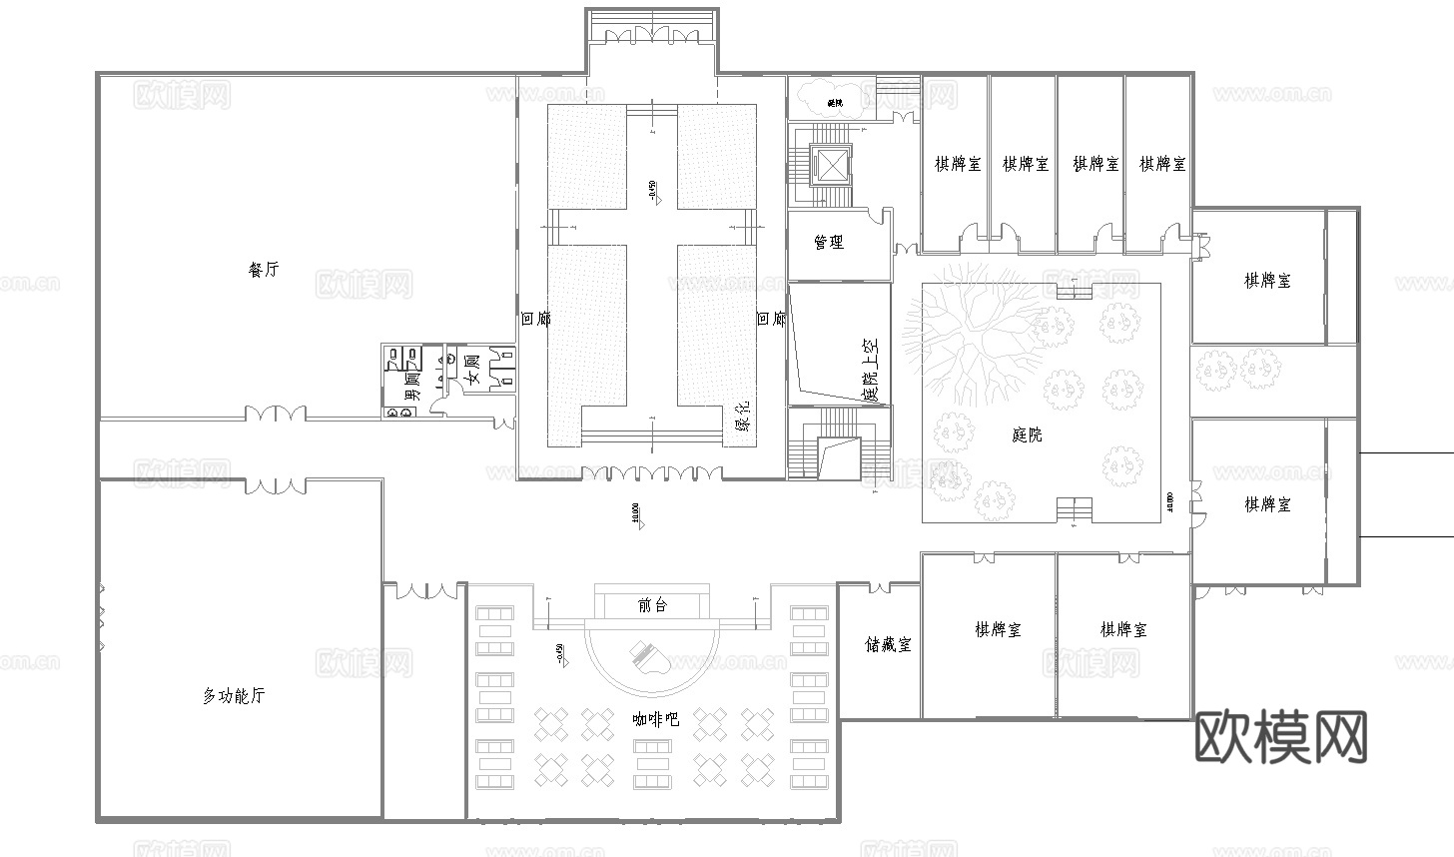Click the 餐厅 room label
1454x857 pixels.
point(264,270)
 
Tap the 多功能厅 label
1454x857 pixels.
point(234,696)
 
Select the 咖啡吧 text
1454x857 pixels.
point(656,718)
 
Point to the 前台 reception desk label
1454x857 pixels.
point(652,605)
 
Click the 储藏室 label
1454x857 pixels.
point(888,644)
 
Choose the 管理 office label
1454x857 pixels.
point(829,243)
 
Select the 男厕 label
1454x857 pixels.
point(410,386)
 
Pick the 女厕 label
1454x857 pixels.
point(473,369)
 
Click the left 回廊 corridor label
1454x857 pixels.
point(535,320)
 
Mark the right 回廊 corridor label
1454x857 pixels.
point(771,320)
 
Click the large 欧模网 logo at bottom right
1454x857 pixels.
point(1281,737)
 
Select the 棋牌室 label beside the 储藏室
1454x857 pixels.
point(998,629)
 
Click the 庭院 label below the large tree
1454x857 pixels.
point(1027,434)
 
